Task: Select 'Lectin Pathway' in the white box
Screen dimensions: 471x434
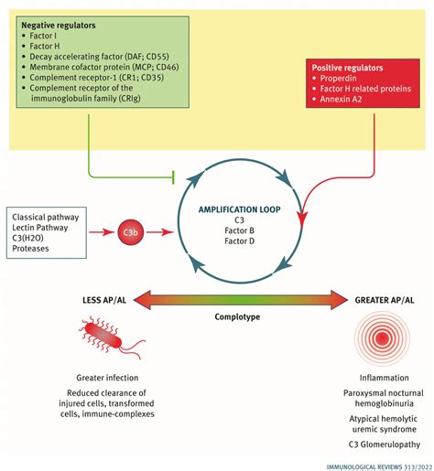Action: (x=45, y=229)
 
